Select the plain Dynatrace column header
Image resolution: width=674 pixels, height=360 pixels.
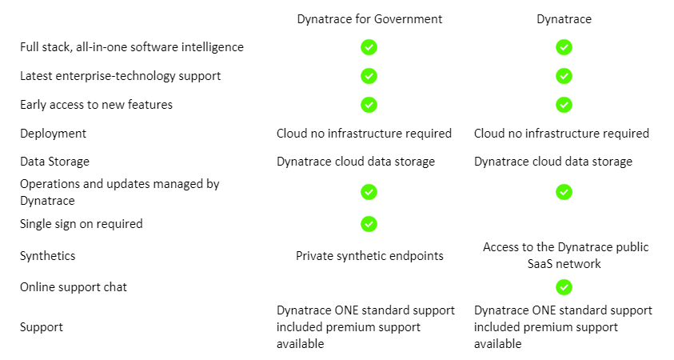(564, 19)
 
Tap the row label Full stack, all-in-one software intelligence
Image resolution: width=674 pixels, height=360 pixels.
(131, 47)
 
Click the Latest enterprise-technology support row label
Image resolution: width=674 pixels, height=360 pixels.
(120, 76)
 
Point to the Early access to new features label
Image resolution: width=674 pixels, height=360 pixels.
(96, 105)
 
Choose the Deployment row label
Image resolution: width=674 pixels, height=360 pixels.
(53, 134)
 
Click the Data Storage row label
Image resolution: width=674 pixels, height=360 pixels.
(54, 162)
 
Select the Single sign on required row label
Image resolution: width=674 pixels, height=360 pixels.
(81, 224)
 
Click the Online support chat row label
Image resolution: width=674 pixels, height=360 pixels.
(74, 287)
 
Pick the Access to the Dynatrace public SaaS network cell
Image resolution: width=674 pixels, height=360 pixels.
(564, 256)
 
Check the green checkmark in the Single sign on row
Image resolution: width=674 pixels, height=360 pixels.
(369, 224)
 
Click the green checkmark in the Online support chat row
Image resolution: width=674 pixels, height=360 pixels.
(564, 287)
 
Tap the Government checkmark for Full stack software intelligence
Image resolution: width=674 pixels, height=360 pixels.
(369, 47)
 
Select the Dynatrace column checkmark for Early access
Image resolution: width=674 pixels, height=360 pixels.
(564, 105)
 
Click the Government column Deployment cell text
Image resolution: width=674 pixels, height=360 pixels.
(364, 134)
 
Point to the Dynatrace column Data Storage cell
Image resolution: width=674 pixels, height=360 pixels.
(552, 162)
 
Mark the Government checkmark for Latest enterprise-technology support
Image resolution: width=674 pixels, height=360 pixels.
(369, 76)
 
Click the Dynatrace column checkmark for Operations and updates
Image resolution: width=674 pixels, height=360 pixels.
(564, 192)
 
